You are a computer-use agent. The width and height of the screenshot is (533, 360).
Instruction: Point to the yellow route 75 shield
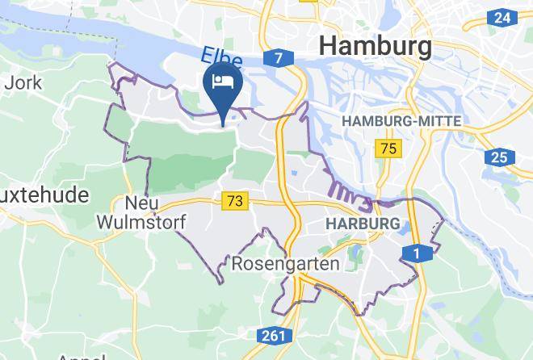pos(389,149)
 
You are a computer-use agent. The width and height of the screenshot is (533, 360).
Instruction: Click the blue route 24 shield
pos(502,17)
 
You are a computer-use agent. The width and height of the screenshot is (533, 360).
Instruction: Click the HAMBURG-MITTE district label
pos(401,121)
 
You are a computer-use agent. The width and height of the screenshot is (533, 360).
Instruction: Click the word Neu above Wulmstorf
pos(141,202)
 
